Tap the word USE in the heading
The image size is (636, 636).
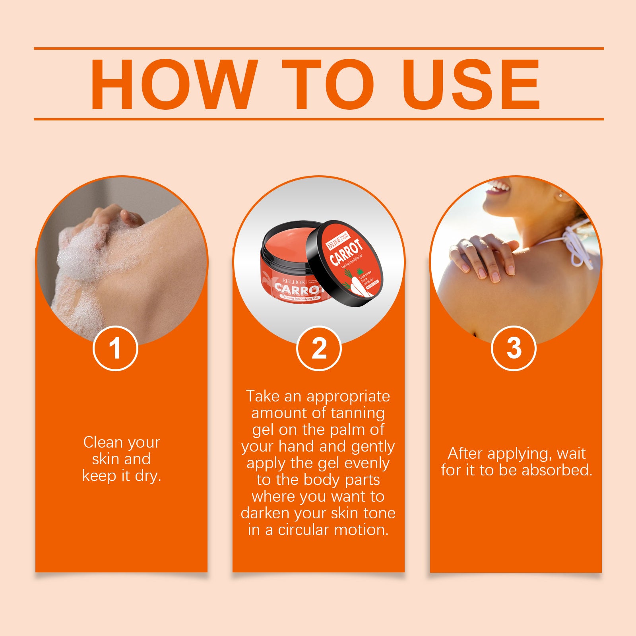471,84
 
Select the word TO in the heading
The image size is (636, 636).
328,84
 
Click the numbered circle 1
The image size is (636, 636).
115,348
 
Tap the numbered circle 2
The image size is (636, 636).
319,348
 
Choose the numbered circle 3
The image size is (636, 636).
514,348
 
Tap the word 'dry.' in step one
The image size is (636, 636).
148,476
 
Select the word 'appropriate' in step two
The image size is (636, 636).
348,396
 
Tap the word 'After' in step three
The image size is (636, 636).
465,454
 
